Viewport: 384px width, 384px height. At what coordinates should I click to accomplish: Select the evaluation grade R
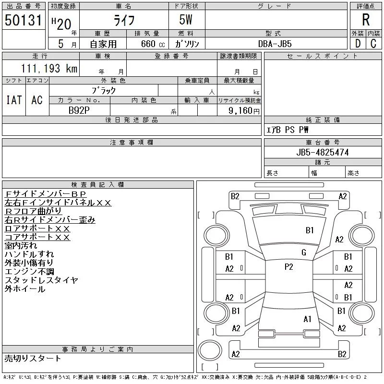tap(366, 20)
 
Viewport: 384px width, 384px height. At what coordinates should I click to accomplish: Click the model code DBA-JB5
tap(276, 43)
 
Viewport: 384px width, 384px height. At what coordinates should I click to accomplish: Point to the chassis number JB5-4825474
tap(323, 152)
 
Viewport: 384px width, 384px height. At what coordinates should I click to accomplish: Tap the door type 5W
tap(187, 20)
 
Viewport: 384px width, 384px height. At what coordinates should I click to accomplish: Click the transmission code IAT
tap(14, 100)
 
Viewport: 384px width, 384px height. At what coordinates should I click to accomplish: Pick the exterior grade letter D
tap(358, 43)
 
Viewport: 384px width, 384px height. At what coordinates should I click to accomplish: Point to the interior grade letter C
tap(373, 43)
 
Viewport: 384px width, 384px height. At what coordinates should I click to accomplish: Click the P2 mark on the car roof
tap(288, 267)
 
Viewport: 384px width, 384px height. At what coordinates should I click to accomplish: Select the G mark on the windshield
tap(303, 252)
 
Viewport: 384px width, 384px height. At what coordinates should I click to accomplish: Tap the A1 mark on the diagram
tap(308, 319)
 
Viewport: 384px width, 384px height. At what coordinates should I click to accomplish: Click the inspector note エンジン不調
tap(29, 272)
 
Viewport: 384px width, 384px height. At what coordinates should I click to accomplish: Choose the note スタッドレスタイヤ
tap(41, 280)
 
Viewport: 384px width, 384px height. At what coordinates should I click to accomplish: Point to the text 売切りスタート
tap(33, 359)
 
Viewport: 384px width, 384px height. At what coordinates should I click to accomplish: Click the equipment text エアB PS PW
tap(288, 130)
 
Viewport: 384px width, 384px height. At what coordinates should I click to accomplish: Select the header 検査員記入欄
tap(98, 184)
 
